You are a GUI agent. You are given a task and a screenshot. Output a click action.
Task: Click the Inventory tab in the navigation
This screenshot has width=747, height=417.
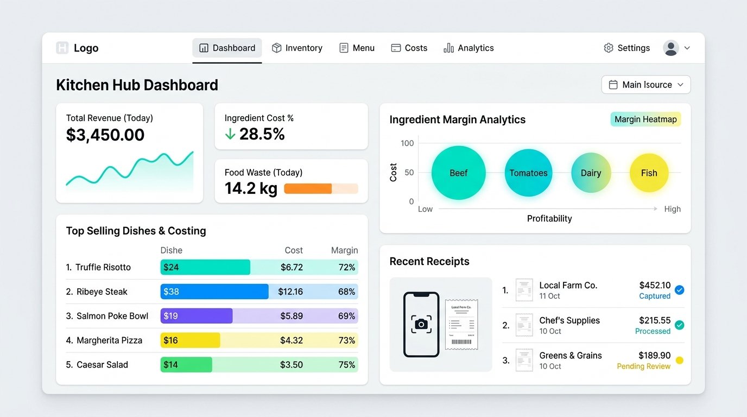pyautogui.click(x=297, y=48)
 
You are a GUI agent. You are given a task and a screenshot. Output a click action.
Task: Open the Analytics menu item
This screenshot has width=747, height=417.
pyautogui.click(x=469, y=48)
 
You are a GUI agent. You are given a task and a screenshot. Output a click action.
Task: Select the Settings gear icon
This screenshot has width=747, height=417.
pyautogui.click(x=609, y=48)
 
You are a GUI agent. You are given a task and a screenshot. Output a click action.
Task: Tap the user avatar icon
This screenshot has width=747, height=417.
pyautogui.click(x=671, y=48)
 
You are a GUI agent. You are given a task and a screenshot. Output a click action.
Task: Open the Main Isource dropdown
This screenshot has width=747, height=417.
pyautogui.click(x=646, y=85)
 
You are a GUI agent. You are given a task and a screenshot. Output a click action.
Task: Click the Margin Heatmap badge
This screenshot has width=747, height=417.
pyautogui.click(x=645, y=119)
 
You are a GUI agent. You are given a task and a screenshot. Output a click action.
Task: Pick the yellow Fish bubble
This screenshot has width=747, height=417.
pyautogui.click(x=649, y=173)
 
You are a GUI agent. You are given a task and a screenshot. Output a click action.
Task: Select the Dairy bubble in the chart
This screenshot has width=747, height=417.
pyautogui.click(x=591, y=173)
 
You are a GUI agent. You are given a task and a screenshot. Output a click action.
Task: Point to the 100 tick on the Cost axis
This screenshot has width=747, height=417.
pyautogui.click(x=407, y=143)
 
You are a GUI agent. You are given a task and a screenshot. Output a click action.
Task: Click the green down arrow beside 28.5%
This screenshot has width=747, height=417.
pyautogui.click(x=230, y=134)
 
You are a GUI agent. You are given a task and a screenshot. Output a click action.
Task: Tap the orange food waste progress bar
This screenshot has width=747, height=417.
pyautogui.click(x=308, y=189)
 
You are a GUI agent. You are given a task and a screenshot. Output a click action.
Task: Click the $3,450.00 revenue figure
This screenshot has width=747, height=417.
pyautogui.click(x=105, y=135)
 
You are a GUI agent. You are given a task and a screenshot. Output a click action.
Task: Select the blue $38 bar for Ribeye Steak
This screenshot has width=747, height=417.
pyautogui.click(x=214, y=292)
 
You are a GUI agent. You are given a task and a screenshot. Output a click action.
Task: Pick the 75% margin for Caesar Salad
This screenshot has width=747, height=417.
pyautogui.click(x=347, y=365)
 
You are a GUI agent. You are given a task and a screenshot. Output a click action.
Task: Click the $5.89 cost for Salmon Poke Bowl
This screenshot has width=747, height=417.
pyautogui.click(x=292, y=316)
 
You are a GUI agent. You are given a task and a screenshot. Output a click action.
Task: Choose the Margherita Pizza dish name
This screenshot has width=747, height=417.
pyautogui.click(x=109, y=340)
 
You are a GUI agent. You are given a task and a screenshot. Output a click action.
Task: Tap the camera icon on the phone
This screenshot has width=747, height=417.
pyautogui.click(x=421, y=324)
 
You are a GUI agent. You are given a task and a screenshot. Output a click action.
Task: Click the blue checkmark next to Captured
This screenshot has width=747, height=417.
pyautogui.click(x=679, y=290)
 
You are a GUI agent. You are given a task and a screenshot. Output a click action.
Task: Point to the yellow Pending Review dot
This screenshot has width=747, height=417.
pyautogui.click(x=679, y=361)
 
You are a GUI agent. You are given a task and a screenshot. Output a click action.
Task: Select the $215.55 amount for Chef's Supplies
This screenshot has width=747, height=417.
pyautogui.click(x=655, y=320)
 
